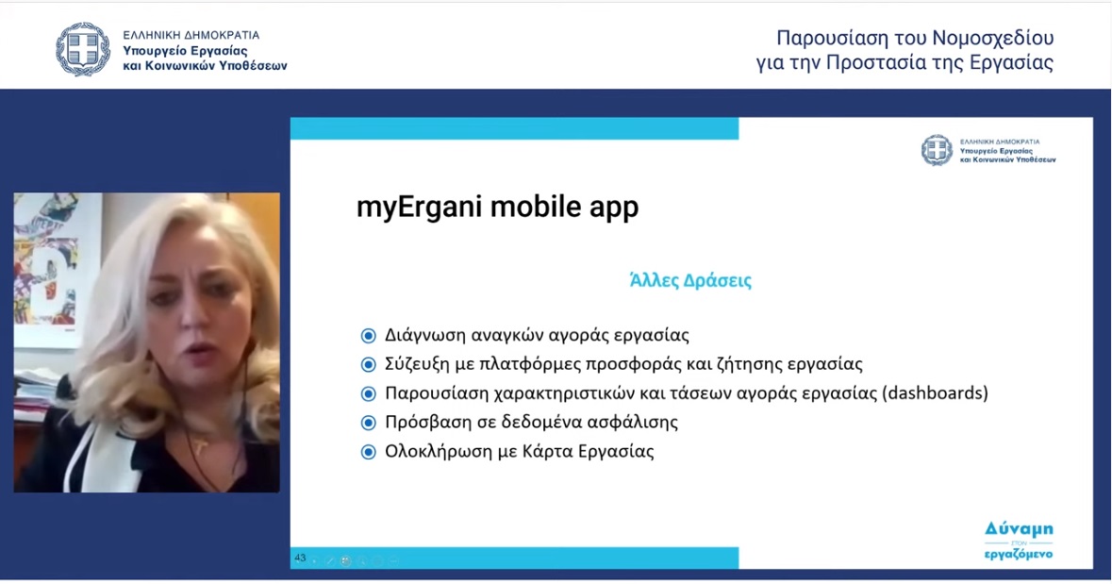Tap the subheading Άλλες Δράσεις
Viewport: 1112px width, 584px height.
pos(690,280)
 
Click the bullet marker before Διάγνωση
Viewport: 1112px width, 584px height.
pos(368,336)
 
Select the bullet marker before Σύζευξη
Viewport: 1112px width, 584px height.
pos(368,365)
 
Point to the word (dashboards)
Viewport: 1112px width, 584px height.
pos(936,393)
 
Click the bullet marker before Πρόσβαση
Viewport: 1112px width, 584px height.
pos(368,423)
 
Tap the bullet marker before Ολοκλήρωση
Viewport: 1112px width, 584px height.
pos(368,452)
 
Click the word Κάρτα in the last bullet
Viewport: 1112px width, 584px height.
pos(546,451)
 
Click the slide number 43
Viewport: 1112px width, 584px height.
pos(300,559)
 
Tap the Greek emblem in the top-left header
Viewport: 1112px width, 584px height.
pos(83,50)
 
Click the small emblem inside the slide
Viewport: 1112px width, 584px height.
pos(937,150)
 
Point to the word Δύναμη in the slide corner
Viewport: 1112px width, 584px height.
pos(1019,529)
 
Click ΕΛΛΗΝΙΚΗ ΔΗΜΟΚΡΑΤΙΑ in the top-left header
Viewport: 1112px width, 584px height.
pos(191,35)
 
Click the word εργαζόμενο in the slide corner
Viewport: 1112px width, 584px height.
pos(1019,554)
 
